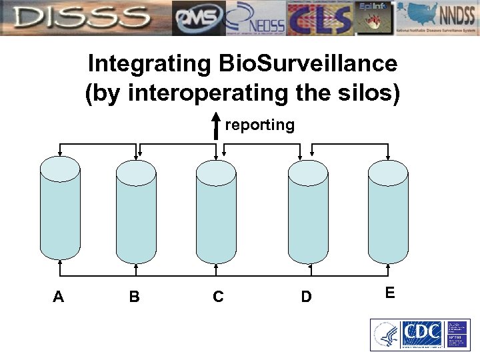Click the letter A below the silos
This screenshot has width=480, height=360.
tap(58, 297)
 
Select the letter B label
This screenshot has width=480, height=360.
tap(134, 297)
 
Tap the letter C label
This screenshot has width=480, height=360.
tap(218, 297)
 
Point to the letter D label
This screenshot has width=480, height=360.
tap(306, 297)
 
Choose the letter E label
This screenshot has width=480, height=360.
tap(390, 293)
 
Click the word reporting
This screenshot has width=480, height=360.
tap(259, 125)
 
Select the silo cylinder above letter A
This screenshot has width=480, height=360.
tap(60, 210)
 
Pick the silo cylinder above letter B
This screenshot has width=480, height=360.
tap(136, 210)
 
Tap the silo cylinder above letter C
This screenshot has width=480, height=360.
tap(216, 210)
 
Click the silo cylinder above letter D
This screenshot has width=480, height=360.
tap(308, 210)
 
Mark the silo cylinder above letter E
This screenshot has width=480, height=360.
tap(388, 210)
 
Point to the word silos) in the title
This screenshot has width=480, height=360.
tap(365, 93)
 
